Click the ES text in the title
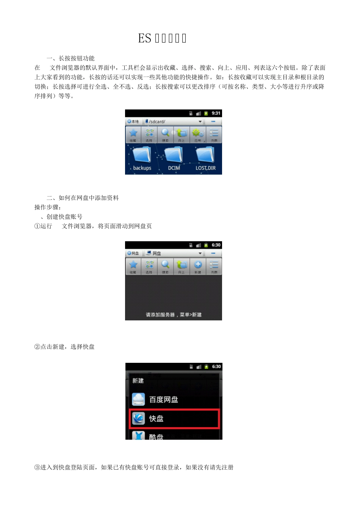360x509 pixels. coord(144,38)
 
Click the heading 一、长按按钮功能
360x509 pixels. coord(70,58)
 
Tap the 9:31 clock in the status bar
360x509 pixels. coord(216,113)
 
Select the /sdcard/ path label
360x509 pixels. coord(157,122)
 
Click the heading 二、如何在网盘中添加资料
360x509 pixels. coord(83,198)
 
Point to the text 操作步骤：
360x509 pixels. coord(48,207)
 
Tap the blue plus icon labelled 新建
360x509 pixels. coord(198,265)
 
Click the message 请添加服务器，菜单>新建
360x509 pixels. coord(174,315)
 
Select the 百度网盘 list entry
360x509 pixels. coord(163,400)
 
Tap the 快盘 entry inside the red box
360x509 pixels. coord(156,418)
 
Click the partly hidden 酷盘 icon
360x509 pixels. coord(138,436)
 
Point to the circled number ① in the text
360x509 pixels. coord(37,226)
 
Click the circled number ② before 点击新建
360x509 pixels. coord(37,347)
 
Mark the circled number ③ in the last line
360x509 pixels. coord(37,467)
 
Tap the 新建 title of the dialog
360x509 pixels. coord(138,381)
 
